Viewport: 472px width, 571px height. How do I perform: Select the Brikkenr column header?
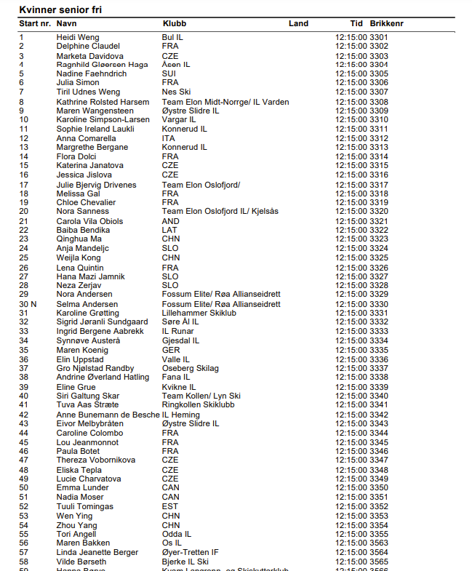coord(386,24)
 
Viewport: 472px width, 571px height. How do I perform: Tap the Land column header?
coord(298,24)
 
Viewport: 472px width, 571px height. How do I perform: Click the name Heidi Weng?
coord(78,37)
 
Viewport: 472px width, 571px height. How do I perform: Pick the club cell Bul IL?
coord(172,37)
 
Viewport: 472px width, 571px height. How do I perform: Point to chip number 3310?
coord(379,120)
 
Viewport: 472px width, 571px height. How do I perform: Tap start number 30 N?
coord(28,304)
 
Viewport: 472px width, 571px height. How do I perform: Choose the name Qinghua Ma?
coord(79,239)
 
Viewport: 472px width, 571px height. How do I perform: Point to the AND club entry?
coord(170,221)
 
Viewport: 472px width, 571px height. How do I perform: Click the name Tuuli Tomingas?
coord(85,506)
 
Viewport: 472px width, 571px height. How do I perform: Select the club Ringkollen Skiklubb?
coord(198,405)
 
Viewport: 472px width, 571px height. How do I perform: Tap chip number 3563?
coord(379,543)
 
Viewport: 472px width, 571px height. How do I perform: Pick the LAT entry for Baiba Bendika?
coord(169,231)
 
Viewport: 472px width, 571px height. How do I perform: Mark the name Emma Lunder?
coord(83,488)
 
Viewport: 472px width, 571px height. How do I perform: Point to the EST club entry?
coord(170,506)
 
